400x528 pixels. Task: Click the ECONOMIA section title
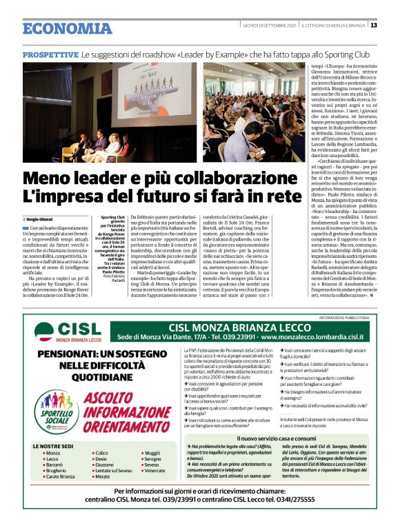[67, 28]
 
